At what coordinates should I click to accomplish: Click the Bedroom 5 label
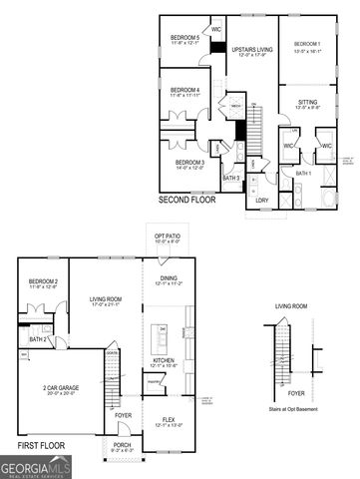coord(185,38)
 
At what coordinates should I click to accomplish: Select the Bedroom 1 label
coord(307,44)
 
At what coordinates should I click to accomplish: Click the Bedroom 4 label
coord(185,90)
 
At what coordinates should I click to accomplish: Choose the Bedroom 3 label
coord(189,162)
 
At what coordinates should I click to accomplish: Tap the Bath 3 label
coord(231,178)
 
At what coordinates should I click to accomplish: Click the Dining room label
coord(169,280)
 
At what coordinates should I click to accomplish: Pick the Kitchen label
coord(164,361)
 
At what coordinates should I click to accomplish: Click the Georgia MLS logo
coord(36,467)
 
